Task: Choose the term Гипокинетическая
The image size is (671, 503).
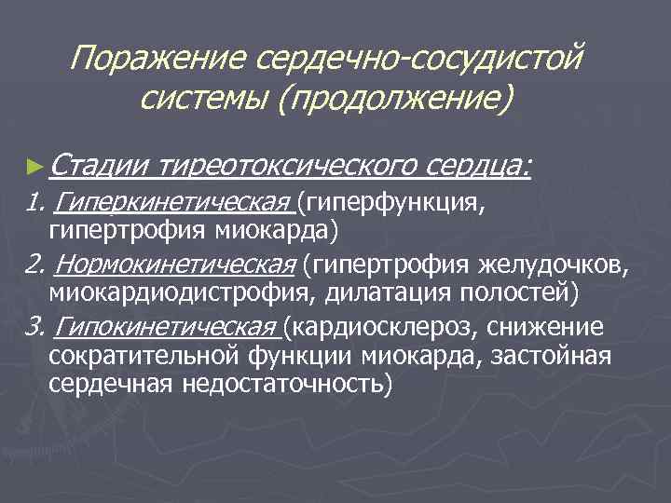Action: pos(169,327)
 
